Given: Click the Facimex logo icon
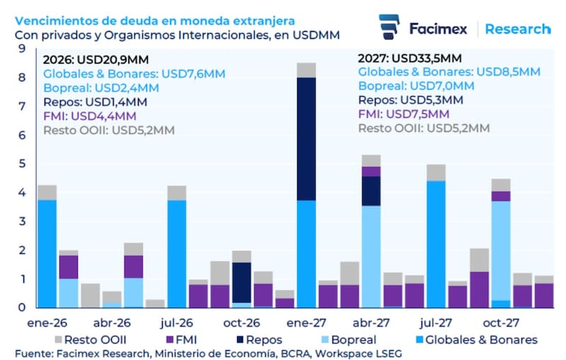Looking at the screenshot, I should [x=390, y=28].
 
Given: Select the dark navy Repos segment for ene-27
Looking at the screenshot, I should [x=306, y=139].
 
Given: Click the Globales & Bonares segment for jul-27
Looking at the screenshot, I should [x=436, y=244].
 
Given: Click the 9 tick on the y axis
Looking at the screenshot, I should [x=23, y=48].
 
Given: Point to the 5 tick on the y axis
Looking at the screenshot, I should [x=23, y=163].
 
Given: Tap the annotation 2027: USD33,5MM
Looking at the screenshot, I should [x=410, y=58].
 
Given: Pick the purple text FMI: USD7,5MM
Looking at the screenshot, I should [x=403, y=114].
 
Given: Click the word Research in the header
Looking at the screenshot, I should [x=518, y=29].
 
